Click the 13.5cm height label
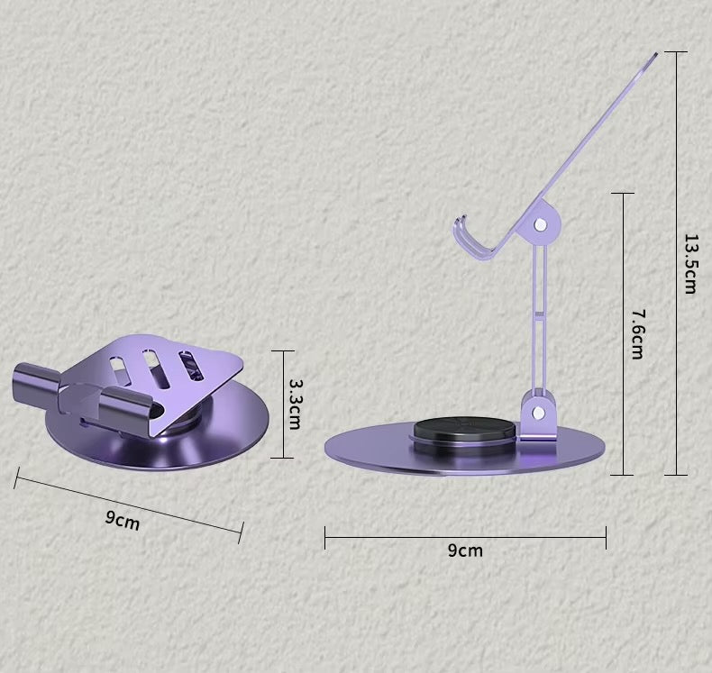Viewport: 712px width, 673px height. pyautogui.click(x=689, y=264)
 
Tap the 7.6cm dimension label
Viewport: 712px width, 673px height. pyautogui.click(x=637, y=334)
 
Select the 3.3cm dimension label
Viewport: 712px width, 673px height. pyautogui.click(x=295, y=404)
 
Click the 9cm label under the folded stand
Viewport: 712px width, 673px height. pyautogui.click(x=123, y=520)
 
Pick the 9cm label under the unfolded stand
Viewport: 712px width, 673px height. pyautogui.click(x=465, y=550)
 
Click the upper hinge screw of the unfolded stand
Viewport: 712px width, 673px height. pyautogui.click(x=540, y=224)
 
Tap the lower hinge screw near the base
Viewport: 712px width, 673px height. pyautogui.click(x=539, y=412)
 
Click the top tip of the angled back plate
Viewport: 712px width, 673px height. pyautogui.click(x=656, y=54)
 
